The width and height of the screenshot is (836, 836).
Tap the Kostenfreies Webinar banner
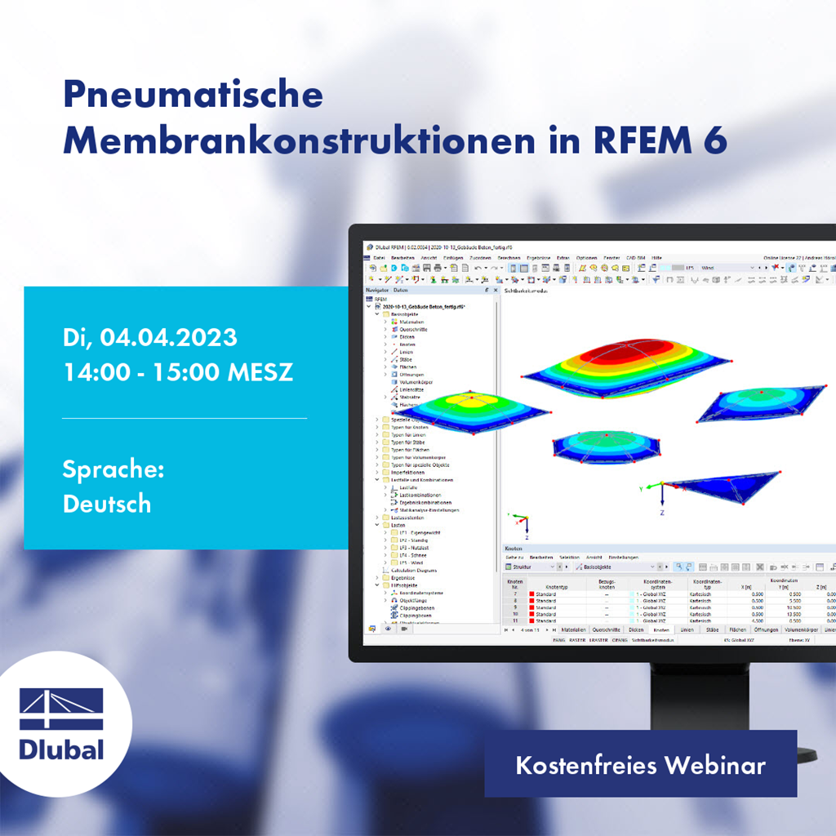640,765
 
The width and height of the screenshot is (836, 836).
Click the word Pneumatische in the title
193,96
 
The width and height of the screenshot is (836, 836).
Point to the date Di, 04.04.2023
150,336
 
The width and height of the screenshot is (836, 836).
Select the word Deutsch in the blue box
107,503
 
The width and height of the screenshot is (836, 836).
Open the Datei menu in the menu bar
379,258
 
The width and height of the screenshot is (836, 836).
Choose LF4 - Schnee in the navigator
412,555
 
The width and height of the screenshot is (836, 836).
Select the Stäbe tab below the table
712,630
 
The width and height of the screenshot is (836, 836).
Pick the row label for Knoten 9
514,607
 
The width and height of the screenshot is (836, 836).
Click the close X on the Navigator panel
494,290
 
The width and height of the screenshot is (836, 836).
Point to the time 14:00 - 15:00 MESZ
178,372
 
